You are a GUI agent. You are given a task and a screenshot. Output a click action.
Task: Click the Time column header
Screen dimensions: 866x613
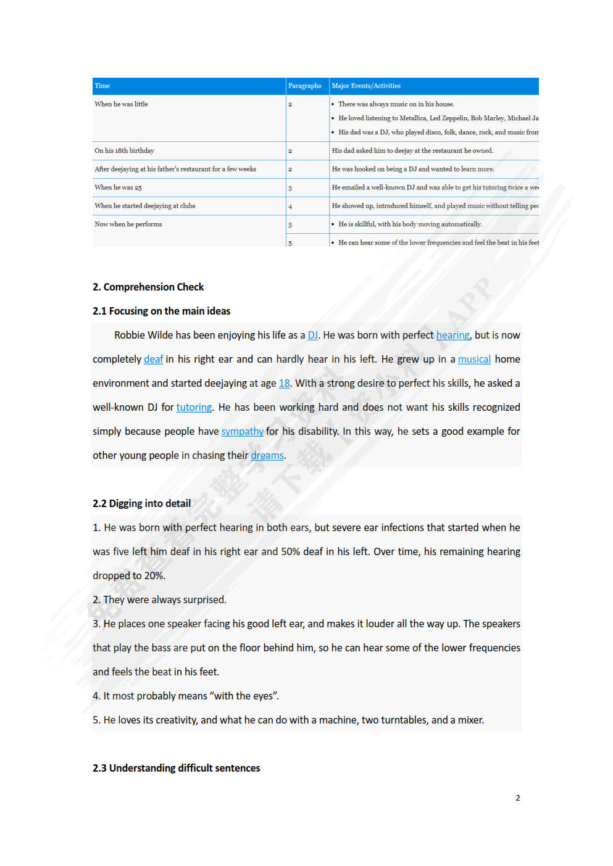(102, 86)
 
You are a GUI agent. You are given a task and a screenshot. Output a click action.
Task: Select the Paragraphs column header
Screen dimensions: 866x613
(304, 86)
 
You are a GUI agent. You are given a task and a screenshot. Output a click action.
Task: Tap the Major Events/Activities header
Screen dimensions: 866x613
(366, 86)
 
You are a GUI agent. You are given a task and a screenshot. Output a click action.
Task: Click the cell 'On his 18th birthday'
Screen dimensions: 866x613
(125, 151)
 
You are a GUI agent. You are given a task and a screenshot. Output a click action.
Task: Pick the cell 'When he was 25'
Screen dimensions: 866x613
(119, 188)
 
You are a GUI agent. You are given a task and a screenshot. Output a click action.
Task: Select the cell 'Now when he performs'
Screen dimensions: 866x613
(128, 225)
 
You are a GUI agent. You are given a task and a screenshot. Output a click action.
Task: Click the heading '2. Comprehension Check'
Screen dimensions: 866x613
(148, 287)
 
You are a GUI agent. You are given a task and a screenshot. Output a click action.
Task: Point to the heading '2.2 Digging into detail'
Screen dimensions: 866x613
(141, 503)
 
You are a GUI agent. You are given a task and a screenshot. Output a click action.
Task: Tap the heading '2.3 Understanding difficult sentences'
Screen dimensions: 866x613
(177, 768)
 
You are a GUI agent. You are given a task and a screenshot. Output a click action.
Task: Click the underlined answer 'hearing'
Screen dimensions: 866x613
(452, 335)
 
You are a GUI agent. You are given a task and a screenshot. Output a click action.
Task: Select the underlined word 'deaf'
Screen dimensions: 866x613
(153, 359)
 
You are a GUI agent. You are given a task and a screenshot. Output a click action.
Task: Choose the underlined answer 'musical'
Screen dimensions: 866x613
(474, 359)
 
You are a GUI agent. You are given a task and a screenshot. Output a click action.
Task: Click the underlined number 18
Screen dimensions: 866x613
(284, 383)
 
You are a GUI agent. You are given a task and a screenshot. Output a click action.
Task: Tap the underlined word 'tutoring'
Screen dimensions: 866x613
(194, 407)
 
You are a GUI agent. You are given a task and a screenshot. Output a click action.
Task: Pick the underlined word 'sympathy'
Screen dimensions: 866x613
(242, 431)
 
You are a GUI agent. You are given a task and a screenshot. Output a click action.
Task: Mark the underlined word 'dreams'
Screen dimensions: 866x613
(267, 455)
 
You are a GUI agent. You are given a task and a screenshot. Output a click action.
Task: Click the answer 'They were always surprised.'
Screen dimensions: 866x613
(165, 600)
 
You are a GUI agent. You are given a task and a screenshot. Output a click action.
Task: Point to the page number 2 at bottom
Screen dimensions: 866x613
(517, 798)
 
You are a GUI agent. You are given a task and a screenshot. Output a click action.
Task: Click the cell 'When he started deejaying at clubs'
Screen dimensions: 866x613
(145, 206)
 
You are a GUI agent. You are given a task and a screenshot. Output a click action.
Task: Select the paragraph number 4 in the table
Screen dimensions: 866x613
(290, 207)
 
